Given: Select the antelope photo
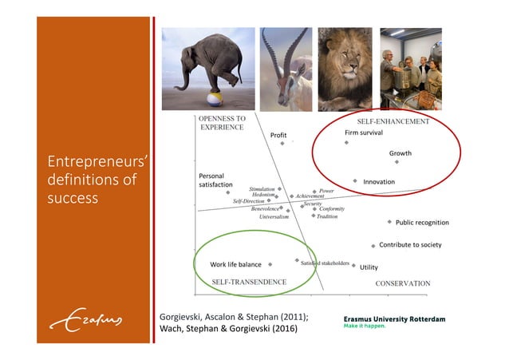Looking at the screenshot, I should tap(286, 69).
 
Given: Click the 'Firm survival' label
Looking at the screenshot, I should tap(364, 133).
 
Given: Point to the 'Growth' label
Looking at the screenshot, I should tap(400, 152).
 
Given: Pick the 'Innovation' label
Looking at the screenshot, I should tap(379, 182).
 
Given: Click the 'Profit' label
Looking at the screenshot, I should tap(278, 136).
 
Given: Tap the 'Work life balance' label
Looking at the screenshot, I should tap(235, 264).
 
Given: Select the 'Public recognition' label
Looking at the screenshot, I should tap(422, 223).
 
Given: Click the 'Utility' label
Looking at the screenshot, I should tap(369, 267).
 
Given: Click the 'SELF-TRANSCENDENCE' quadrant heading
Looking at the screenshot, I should tap(248, 282).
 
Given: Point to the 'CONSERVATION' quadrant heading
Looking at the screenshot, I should tap(402, 283).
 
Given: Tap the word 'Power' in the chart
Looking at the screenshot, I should tap(326, 192).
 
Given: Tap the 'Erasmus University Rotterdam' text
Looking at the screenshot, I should tap(394, 319).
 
